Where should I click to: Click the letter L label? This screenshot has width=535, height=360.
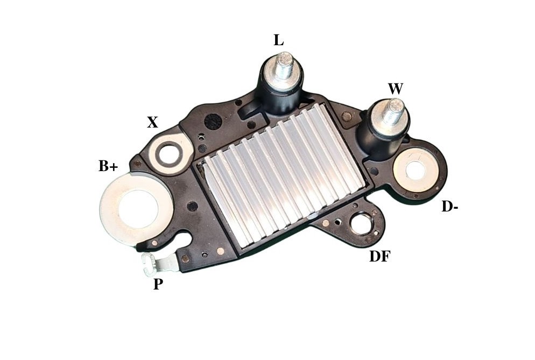pyautogui.click(x=278, y=40)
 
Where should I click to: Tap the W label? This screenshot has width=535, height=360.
pyautogui.click(x=396, y=89)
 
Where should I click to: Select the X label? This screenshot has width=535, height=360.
pyautogui.click(x=152, y=122)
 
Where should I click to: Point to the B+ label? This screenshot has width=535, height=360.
pyautogui.click(x=108, y=166)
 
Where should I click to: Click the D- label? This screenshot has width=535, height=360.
pyautogui.click(x=450, y=207)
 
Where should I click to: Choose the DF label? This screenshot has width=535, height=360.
pyautogui.click(x=380, y=256)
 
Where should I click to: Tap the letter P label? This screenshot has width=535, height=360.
pyautogui.click(x=158, y=284)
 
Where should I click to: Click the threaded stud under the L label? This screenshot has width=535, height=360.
pyautogui.click(x=284, y=66)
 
